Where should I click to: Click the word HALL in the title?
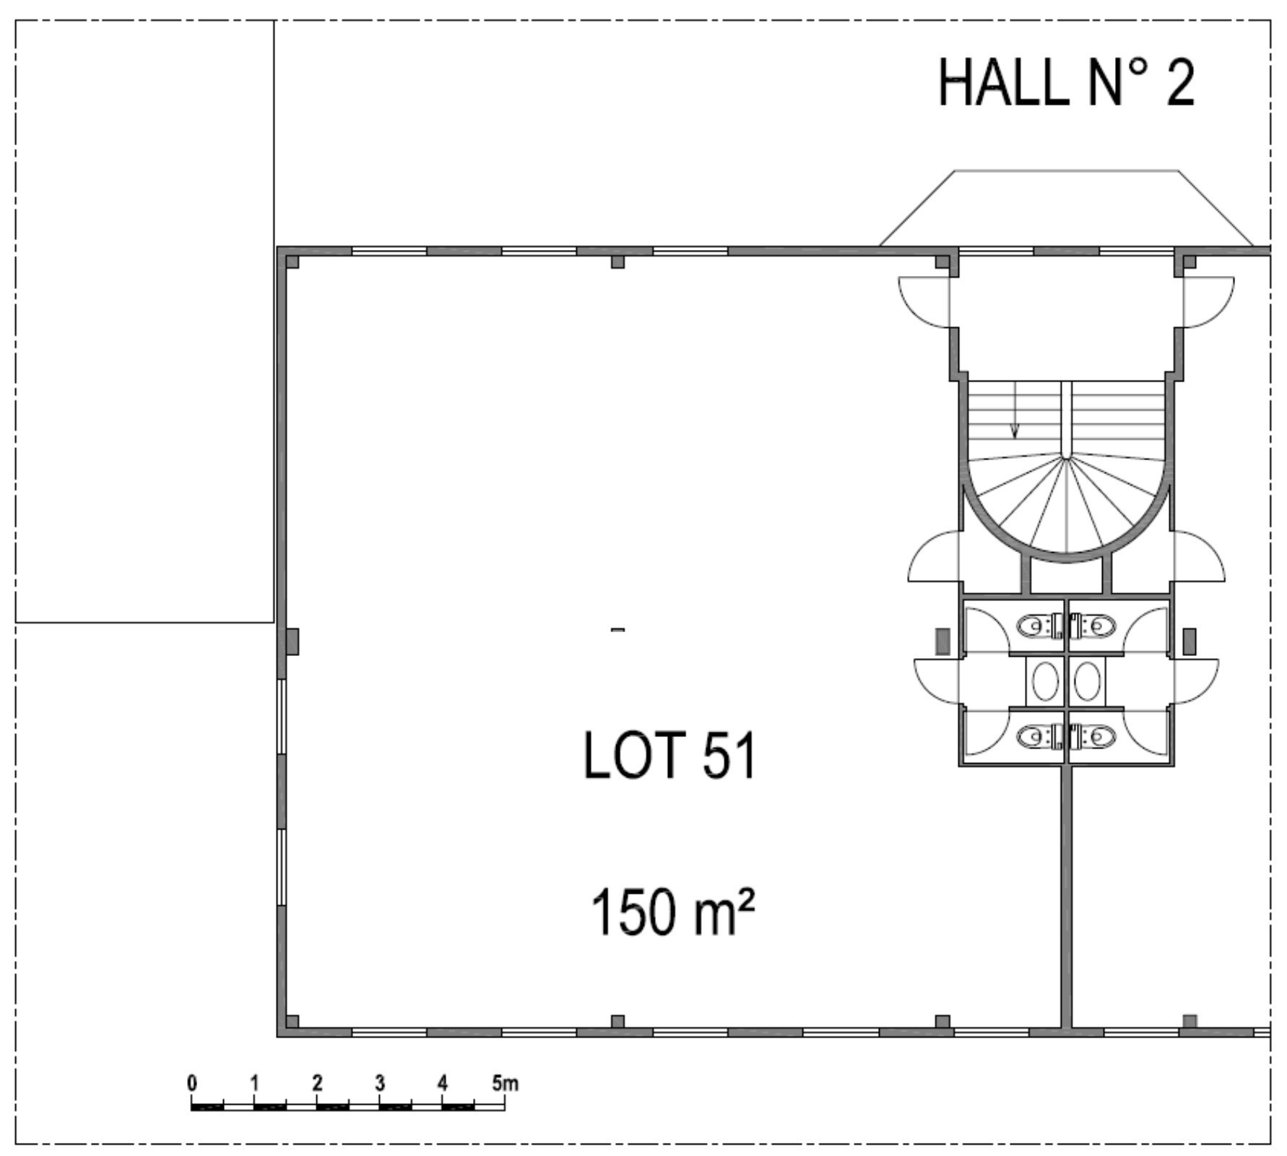point(1002,82)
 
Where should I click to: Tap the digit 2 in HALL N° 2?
point(1179,82)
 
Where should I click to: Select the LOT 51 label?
point(669,755)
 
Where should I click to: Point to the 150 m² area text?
point(672,912)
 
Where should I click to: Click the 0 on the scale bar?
point(191,1083)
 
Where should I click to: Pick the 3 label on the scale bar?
point(380,1083)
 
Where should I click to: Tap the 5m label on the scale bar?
point(506,1083)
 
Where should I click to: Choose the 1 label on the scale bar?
point(254,1083)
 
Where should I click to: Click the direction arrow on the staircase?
point(1015,410)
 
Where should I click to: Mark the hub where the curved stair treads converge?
point(1067,458)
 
